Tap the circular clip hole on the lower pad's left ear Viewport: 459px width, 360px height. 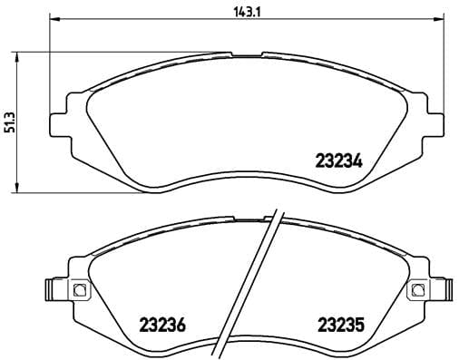[x=78, y=290]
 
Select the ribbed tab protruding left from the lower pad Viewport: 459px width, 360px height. [x=52, y=290]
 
